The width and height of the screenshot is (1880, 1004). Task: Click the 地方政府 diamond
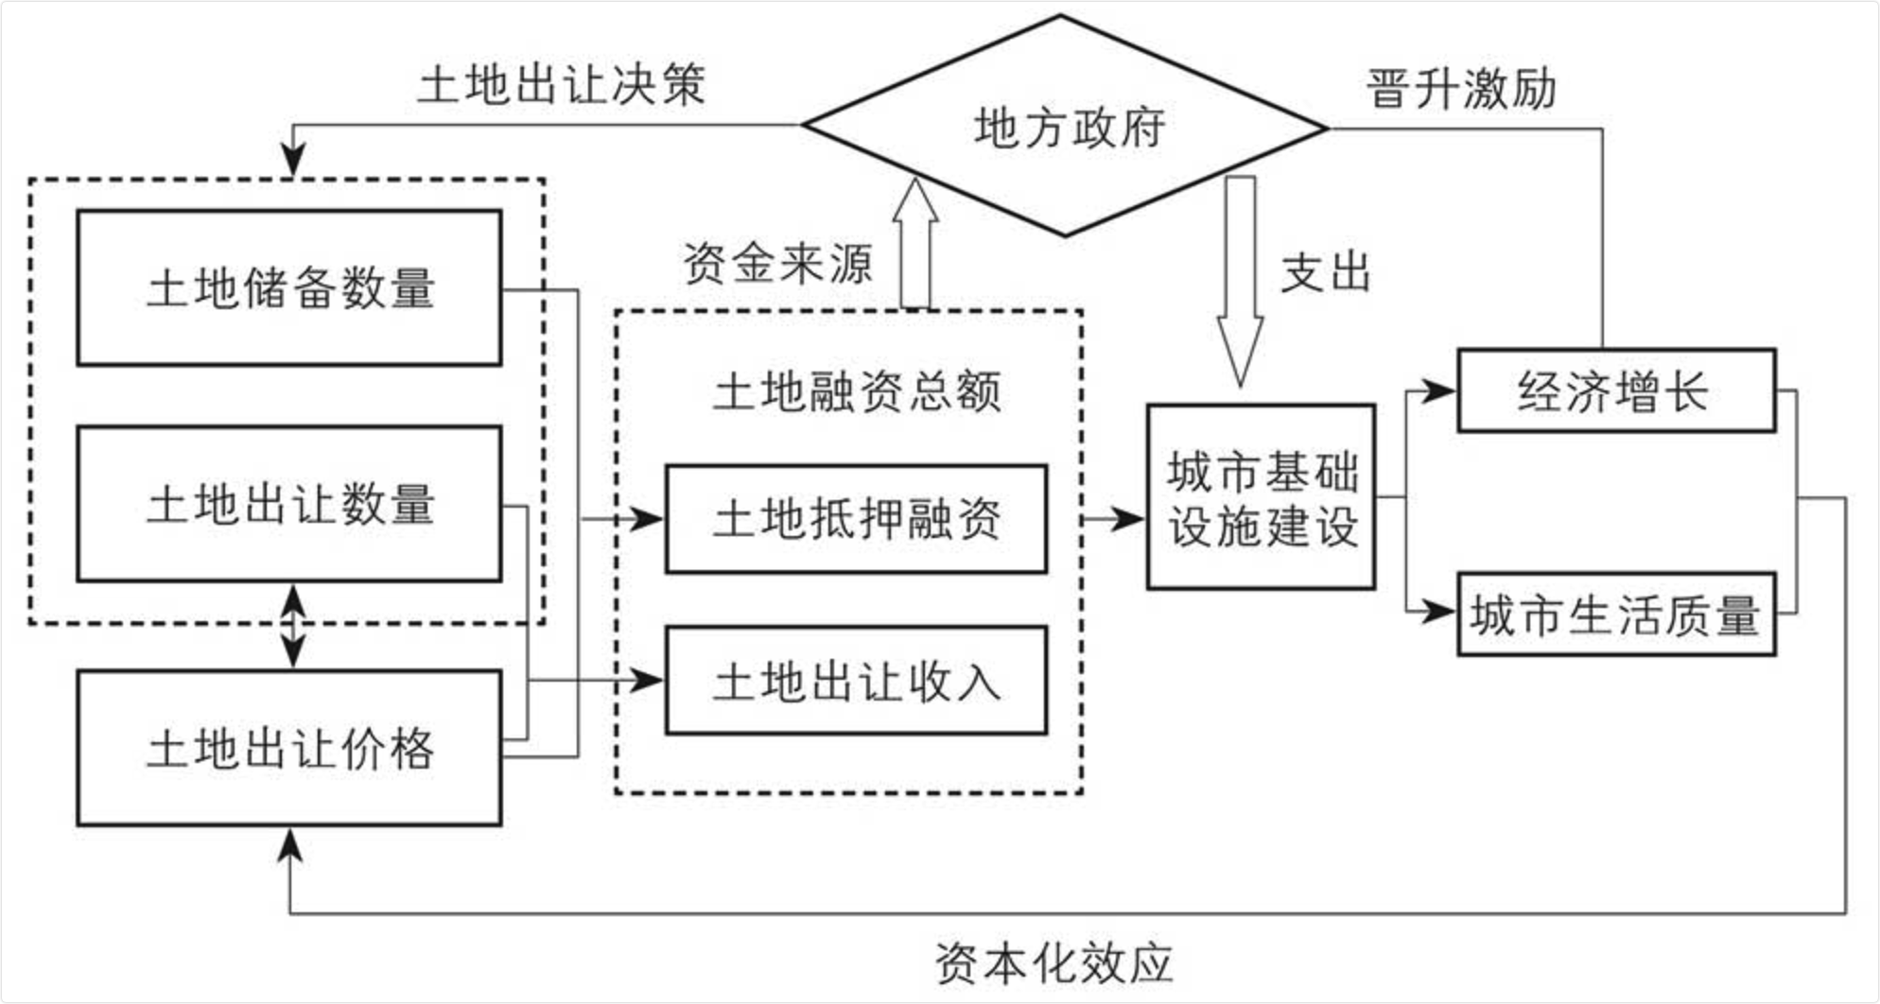click(1066, 127)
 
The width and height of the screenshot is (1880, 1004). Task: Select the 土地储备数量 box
click(289, 287)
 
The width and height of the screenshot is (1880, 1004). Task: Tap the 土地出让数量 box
click(289, 503)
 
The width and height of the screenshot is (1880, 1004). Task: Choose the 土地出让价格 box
click(289, 748)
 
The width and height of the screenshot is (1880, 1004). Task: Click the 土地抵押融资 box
click(856, 519)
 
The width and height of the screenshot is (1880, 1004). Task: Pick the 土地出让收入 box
click(856, 681)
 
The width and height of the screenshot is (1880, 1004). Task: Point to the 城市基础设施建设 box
click(1261, 497)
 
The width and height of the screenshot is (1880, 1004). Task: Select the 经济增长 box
click(1616, 390)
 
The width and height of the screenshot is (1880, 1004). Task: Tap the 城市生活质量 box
click(1616, 615)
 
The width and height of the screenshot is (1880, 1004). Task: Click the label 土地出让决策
click(562, 85)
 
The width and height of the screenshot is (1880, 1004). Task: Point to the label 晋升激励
click(1461, 89)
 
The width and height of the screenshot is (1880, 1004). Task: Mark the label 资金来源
click(777, 263)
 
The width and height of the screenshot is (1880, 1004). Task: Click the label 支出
click(1326, 272)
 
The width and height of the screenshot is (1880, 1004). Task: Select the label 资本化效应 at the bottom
click(1053, 963)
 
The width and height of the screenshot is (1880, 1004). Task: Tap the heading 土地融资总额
click(856, 391)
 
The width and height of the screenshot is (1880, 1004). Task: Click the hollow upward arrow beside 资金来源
click(915, 244)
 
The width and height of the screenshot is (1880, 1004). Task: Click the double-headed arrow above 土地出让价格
click(293, 626)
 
